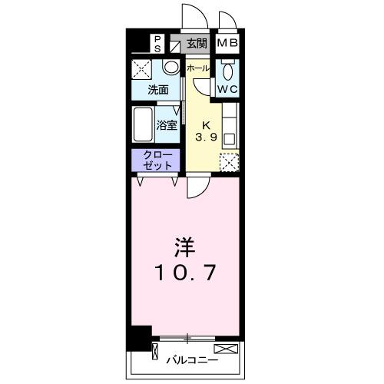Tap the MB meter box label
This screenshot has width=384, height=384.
(226, 43)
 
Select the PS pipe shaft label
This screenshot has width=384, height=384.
(157, 44)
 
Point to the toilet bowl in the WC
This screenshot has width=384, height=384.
(226, 72)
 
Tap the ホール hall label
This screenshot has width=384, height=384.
(197, 68)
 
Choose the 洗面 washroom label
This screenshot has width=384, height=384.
(158, 89)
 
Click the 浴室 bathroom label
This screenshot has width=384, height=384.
(167, 124)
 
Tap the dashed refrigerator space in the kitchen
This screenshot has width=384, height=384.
(228, 161)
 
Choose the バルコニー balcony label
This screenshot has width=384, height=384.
(191, 359)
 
